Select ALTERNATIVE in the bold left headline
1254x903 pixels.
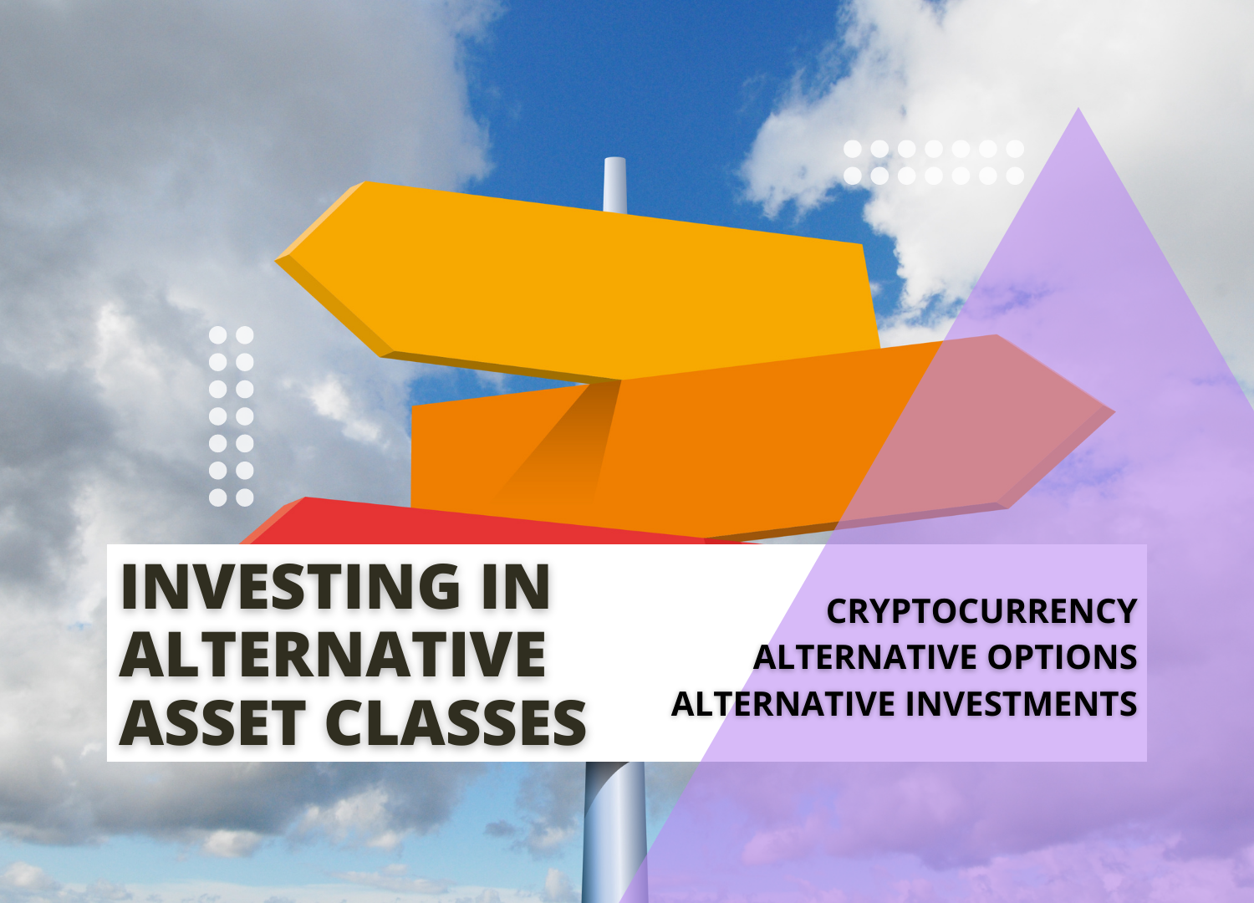(x=333, y=655)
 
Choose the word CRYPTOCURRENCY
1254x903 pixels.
(x=981, y=611)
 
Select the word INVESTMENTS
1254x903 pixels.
(x=1022, y=704)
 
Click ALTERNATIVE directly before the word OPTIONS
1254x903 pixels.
(x=866, y=657)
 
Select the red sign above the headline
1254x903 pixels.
(x=468, y=523)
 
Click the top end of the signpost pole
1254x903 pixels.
(x=614, y=161)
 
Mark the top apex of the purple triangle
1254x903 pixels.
(x=1078, y=110)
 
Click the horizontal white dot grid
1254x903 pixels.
(x=933, y=162)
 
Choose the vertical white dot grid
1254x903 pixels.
(x=231, y=416)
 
